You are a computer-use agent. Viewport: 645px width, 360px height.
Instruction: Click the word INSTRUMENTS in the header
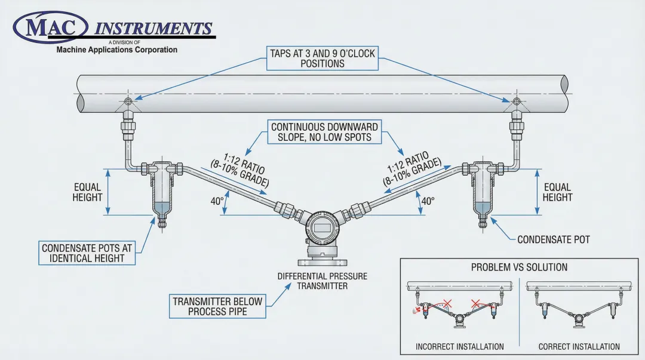pyautogui.click(x=153, y=29)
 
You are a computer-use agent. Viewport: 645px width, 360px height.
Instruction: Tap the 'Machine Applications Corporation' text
pyautogui.click(x=116, y=50)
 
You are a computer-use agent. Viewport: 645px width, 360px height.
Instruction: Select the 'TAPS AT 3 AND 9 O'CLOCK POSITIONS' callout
pyautogui.click(x=322, y=58)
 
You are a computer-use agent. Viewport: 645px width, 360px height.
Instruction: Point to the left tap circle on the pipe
pyautogui.click(x=127, y=101)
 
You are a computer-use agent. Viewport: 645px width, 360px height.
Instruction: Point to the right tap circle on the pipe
pyautogui.click(x=517, y=101)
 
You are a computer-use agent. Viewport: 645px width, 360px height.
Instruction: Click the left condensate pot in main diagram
pyautogui.click(x=161, y=191)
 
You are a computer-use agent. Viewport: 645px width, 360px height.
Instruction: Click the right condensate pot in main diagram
pyautogui.click(x=483, y=191)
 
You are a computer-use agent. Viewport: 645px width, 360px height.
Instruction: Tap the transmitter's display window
pyautogui.click(x=322, y=226)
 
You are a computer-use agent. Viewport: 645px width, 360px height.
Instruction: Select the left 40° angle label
pyautogui.click(x=217, y=201)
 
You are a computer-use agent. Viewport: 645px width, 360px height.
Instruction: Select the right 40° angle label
pyautogui.click(x=427, y=201)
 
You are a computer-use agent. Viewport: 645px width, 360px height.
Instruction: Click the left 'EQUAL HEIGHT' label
pyautogui.click(x=88, y=192)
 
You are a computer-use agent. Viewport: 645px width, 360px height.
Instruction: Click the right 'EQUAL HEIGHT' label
pyautogui.click(x=557, y=192)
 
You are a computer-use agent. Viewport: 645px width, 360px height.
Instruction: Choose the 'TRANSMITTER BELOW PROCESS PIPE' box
pyautogui.click(x=217, y=306)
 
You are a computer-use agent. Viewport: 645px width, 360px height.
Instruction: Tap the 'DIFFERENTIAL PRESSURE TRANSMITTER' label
pyautogui.click(x=322, y=281)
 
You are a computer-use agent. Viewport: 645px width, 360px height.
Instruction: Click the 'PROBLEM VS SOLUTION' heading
pyautogui.click(x=519, y=267)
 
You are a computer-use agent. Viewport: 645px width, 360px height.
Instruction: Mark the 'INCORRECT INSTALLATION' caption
pyautogui.click(x=459, y=346)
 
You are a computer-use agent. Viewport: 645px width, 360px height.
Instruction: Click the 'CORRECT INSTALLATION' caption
pyautogui.click(x=579, y=346)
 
